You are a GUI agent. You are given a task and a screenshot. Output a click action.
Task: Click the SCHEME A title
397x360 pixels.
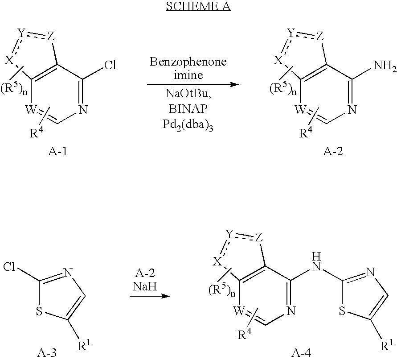tap(198, 6)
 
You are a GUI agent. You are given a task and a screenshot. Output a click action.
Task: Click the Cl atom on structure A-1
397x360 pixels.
tap(110, 66)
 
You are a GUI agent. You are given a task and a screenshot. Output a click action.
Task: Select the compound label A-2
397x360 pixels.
tap(333, 151)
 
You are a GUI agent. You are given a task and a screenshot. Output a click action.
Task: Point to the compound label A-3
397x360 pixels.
tap(47, 352)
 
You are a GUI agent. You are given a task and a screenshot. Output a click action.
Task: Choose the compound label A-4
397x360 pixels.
tap(301, 353)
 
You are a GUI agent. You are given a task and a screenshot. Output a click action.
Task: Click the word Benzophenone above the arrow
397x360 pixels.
tap(188, 62)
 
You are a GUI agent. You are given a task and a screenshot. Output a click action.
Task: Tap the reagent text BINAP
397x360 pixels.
tap(188, 109)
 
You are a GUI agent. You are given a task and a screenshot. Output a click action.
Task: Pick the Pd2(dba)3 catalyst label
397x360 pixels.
tap(188, 125)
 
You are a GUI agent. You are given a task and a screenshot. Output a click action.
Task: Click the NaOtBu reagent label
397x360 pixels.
tap(188, 94)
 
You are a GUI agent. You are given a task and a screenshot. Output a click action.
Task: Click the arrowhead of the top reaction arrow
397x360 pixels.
tap(235, 84)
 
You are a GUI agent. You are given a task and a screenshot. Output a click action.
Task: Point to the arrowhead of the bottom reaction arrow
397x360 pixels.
tap(166, 296)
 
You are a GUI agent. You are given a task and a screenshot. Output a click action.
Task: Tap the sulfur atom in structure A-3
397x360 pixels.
tap(39, 311)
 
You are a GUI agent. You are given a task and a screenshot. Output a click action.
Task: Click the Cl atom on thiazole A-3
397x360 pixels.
tap(10, 267)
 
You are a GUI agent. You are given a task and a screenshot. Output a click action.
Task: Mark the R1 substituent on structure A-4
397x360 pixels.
tap(387, 346)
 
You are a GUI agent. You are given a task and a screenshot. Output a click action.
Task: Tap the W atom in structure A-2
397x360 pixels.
tap(301, 110)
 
